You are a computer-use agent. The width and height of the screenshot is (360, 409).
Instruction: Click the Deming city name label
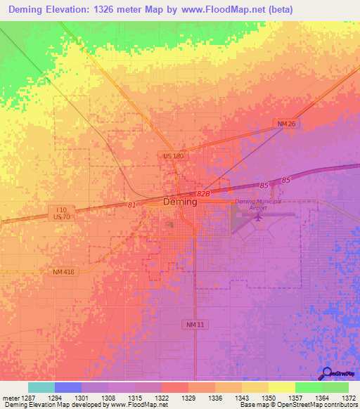pos(180,202)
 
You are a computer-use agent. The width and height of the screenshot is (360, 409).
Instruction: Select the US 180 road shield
pos(173,156)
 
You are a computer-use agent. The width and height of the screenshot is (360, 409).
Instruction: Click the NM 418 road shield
pos(63,271)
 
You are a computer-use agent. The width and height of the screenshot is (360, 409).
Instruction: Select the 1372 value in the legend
pos(349,398)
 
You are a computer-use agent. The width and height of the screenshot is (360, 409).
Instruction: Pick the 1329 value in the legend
pos(188,398)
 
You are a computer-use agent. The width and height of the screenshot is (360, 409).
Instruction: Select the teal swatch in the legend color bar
pos(41,387)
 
